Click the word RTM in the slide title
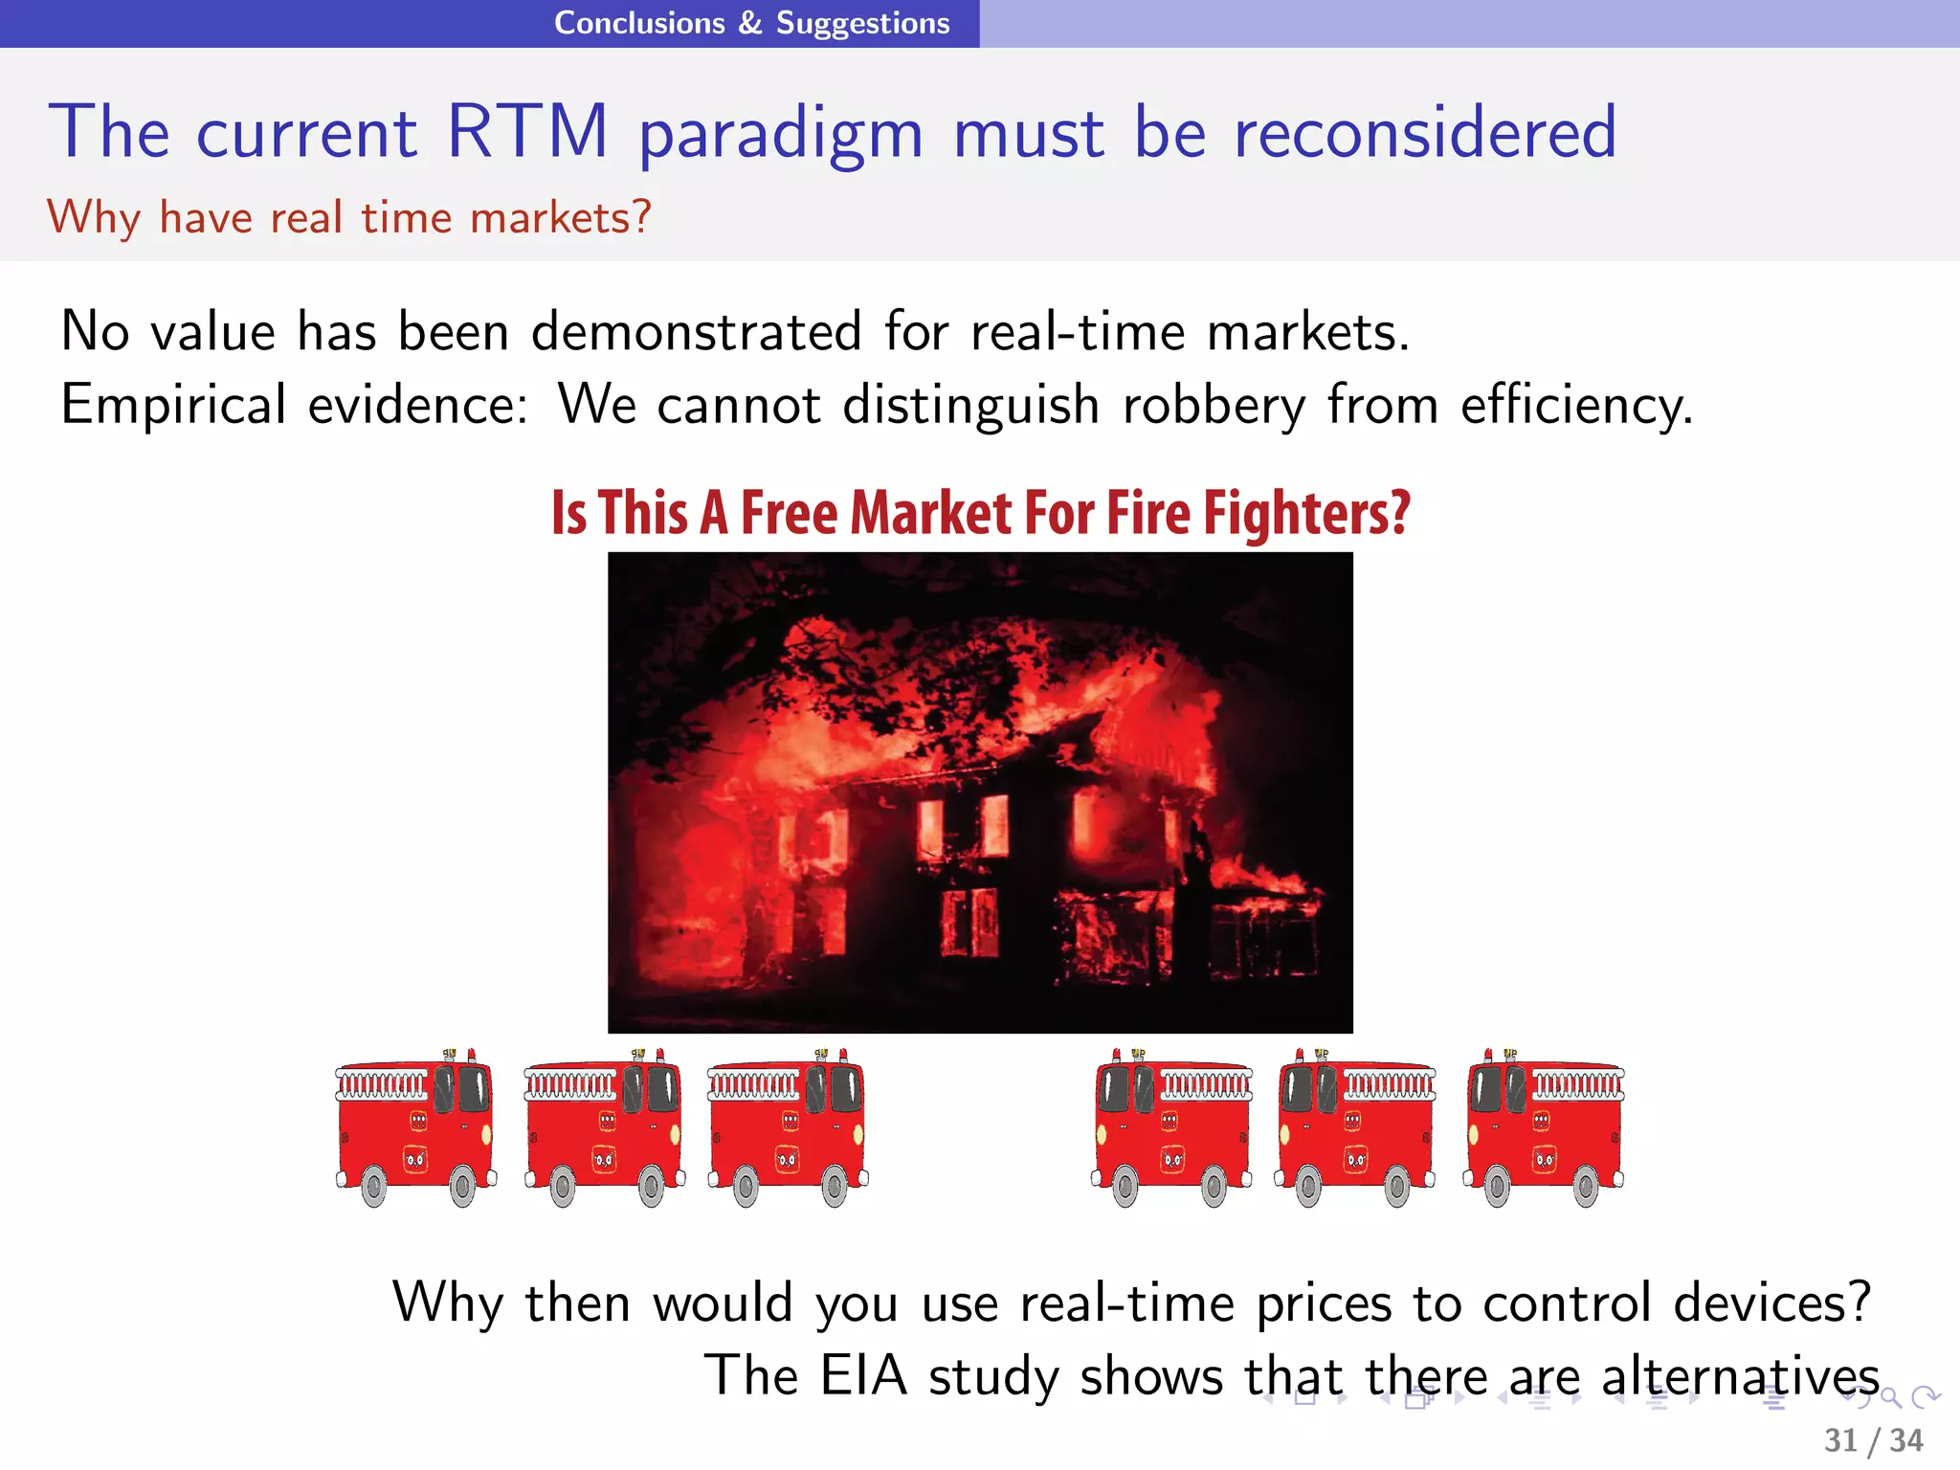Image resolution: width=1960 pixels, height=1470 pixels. [527, 131]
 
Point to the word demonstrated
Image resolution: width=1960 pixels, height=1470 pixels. [697, 332]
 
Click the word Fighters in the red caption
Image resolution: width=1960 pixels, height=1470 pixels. [1306, 514]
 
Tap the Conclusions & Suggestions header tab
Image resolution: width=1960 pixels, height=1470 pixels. [752, 23]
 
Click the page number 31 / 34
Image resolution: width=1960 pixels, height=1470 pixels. [1873, 1439]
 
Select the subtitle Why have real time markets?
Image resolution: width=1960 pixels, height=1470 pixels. [349, 218]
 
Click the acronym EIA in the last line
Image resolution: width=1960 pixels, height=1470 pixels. [863, 1376]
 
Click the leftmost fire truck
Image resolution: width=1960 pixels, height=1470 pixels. [415, 1127]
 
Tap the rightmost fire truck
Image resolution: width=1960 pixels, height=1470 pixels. [1544, 1127]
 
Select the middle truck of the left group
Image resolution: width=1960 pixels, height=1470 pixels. [604, 1127]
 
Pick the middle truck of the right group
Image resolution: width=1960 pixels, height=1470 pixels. [1356, 1127]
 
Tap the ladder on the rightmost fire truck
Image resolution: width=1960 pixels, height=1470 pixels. [1578, 1085]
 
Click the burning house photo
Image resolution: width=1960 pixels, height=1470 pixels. [980, 792]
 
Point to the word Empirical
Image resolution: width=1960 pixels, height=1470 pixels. [173, 406]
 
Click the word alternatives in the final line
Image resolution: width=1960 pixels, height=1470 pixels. [1740, 1376]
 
